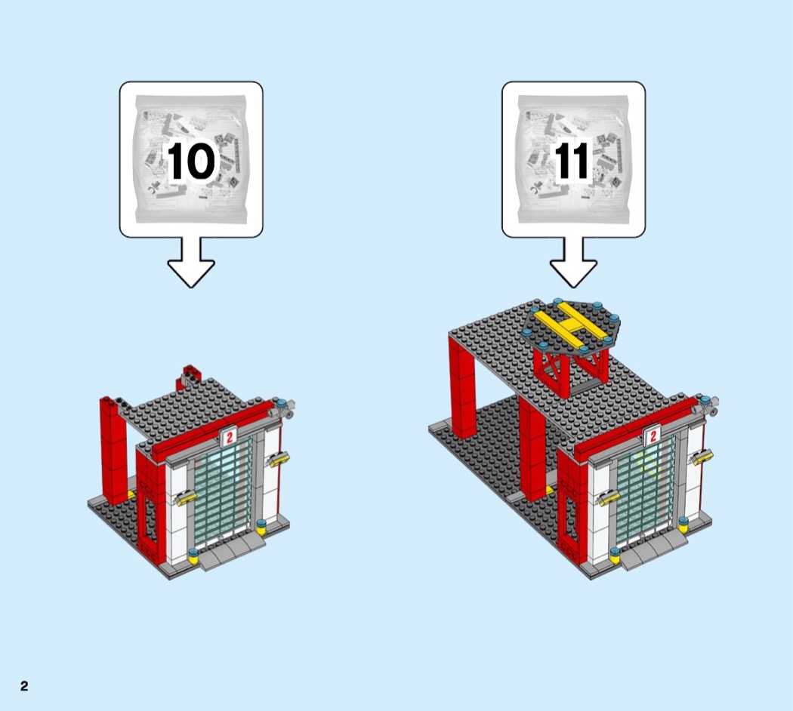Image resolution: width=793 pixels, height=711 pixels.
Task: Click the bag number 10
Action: (191, 161)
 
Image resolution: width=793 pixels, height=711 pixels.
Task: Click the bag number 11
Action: (572, 161)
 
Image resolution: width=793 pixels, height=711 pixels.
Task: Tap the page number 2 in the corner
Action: (24, 685)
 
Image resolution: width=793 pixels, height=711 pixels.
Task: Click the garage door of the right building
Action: (646, 489)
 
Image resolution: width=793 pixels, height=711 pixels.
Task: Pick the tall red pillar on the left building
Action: (113, 451)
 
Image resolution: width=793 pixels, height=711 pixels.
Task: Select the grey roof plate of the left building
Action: (189, 411)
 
